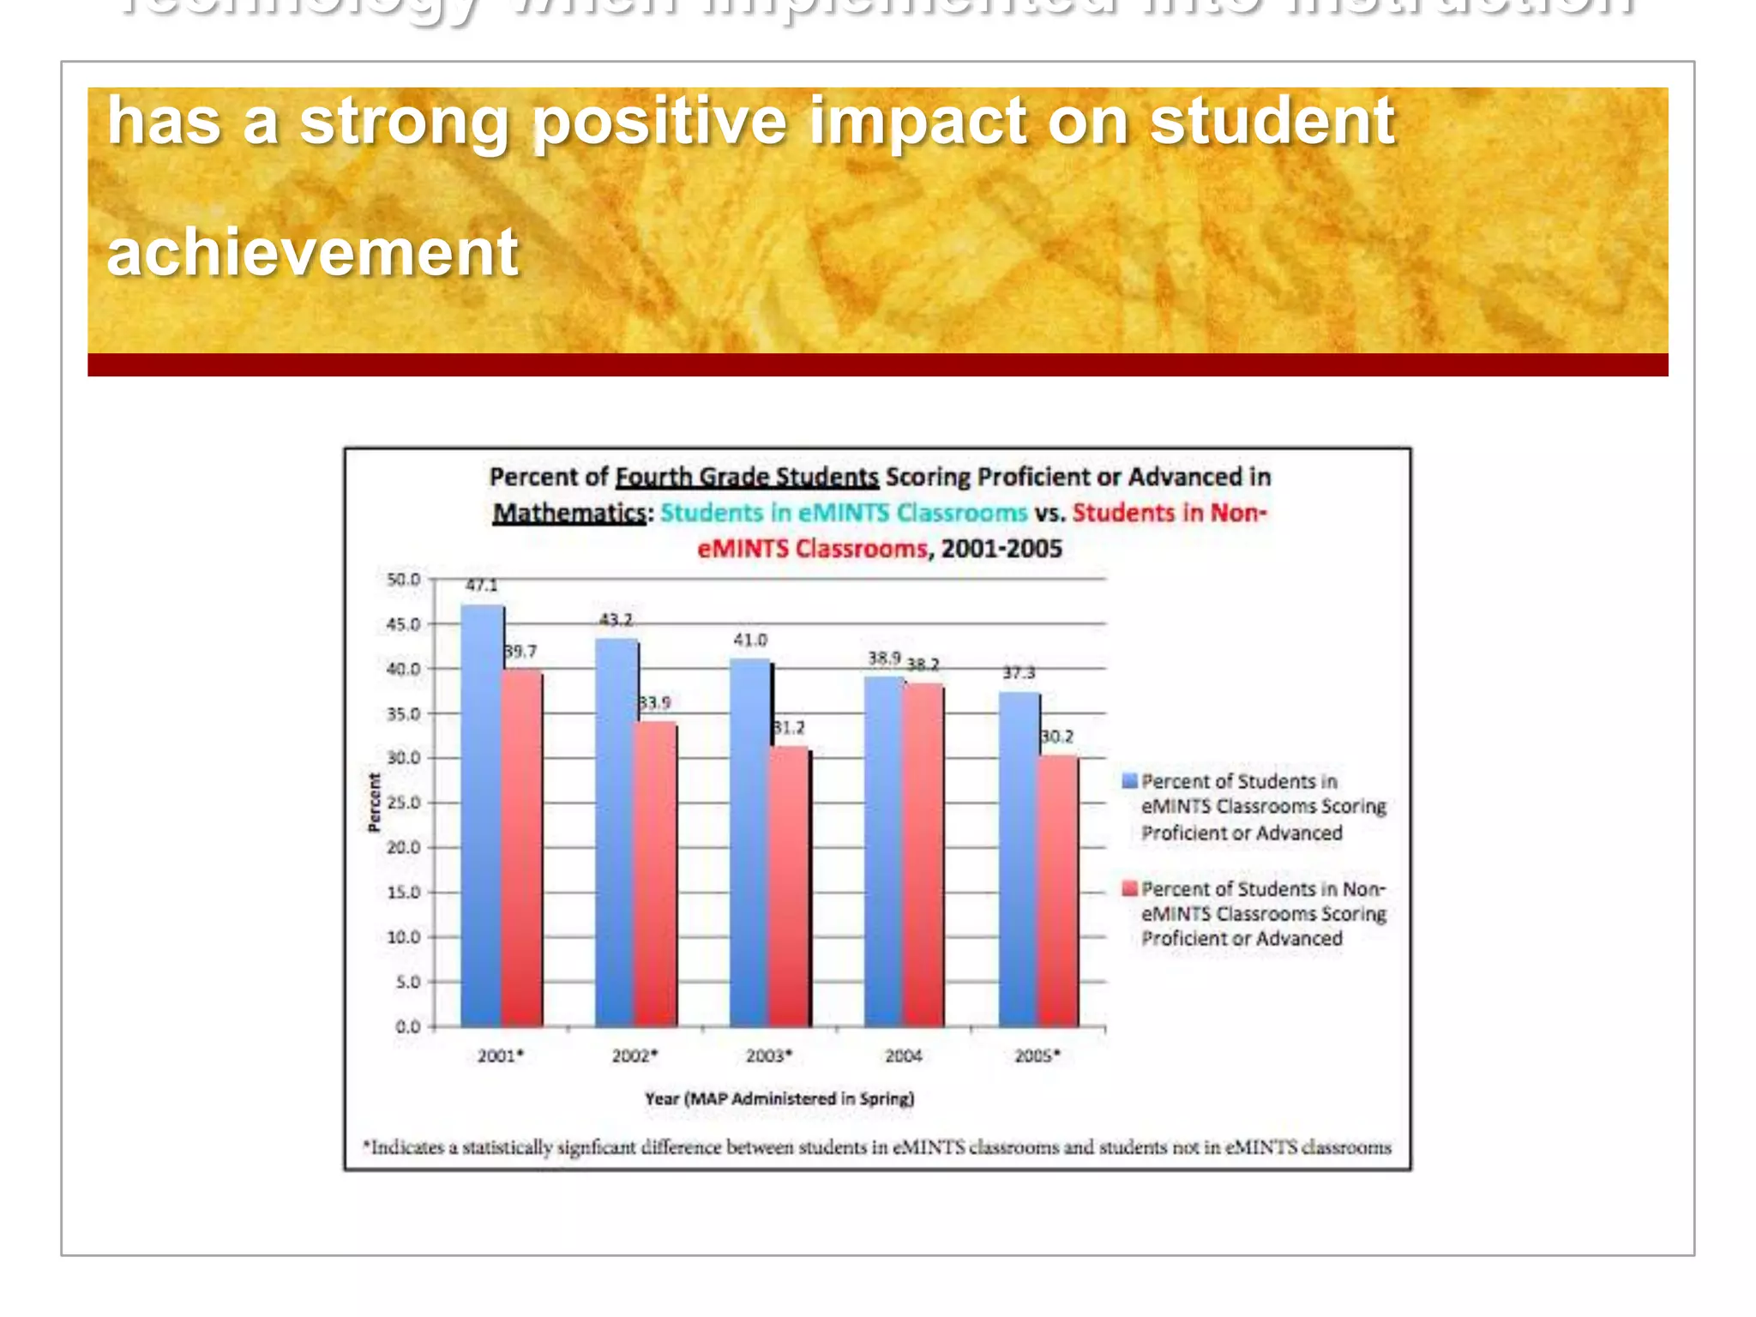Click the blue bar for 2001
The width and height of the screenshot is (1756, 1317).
[x=481, y=815]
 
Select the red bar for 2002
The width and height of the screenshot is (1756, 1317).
[x=656, y=875]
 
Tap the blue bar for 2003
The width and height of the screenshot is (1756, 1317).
[x=750, y=840]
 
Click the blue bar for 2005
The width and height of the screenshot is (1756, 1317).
[x=1019, y=857]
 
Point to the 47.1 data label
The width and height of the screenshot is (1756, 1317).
[x=481, y=586]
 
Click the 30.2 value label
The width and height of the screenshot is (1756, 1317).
[x=1056, y=737]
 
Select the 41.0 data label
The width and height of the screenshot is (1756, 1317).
[x=750, y=640]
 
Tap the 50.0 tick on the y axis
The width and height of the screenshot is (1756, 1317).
[x=403, y=580]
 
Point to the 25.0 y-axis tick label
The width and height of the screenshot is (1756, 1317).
[x=403, y=803]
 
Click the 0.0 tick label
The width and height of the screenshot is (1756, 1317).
[x=407, y=1026]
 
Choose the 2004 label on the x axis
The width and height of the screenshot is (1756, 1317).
[x=903, y=1056]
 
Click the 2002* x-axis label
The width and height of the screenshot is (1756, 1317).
[x=634, y=1056]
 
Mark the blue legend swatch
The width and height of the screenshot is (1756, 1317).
[x=1129, y=780]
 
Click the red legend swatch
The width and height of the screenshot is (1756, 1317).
[x=1129, y=888]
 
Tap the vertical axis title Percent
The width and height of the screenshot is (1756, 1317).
[x=374, y=803]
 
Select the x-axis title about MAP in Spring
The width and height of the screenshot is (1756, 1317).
[x=779, y=1098]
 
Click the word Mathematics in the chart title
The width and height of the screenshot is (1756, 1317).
[x=568, y=513]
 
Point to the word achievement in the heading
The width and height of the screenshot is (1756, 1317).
[x=312, y=252]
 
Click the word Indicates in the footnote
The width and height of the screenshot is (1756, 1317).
[x=408, y=1147]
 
